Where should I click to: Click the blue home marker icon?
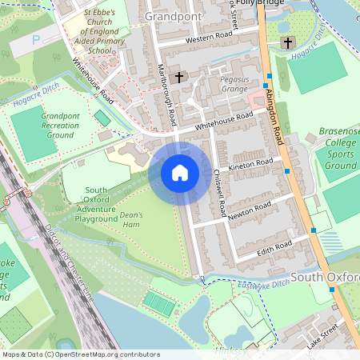(180, 172)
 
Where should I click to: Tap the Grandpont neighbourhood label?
(173, 15)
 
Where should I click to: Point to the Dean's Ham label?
(130, 219)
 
